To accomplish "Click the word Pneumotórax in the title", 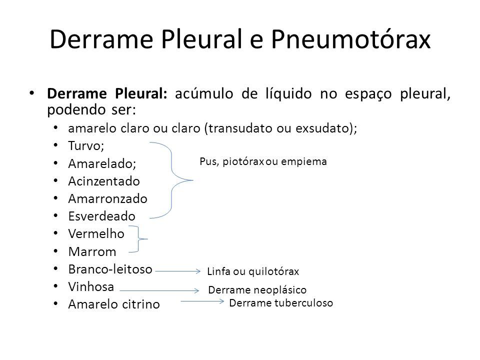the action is (x=351, y=39).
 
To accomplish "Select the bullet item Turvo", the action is (x=86, y=145).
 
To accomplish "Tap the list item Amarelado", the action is (x=102, y=163).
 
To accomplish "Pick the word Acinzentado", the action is (x=104, y=181).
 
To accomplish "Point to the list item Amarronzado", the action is (x=108, y=198).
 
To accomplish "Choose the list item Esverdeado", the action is (x=102, y=216).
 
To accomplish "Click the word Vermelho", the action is (x=96, y=234).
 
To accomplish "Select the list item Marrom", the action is (x=92, y=251).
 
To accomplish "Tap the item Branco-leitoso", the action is (x=110, y=269).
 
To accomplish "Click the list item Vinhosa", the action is (x=91, y=287).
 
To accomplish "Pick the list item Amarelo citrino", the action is (x=114, y=304).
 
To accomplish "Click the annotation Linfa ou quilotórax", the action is (x=253, y=271).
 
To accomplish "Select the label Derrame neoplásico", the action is (x=257, y=289).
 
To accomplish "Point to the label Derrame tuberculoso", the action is (x=281, y=303).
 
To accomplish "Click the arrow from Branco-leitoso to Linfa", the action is (x=178, y=271).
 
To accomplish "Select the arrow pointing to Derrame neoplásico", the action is (x=159, y=290).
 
